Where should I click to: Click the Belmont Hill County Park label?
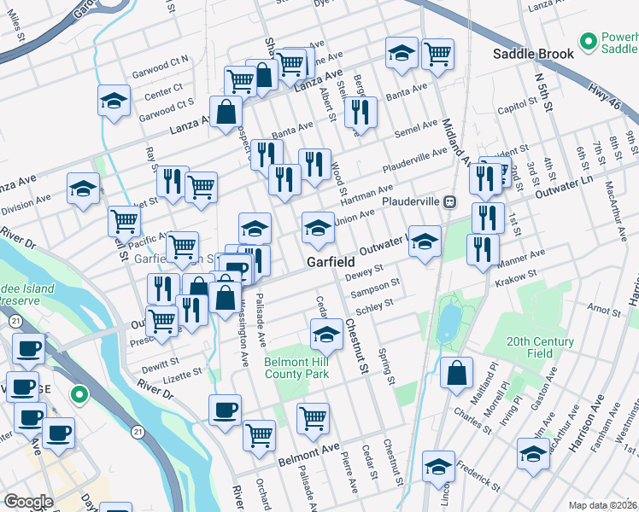296,368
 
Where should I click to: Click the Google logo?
28,502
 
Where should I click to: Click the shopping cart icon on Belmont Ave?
314,418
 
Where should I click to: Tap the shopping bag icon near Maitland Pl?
458,372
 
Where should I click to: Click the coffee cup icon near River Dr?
225,410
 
